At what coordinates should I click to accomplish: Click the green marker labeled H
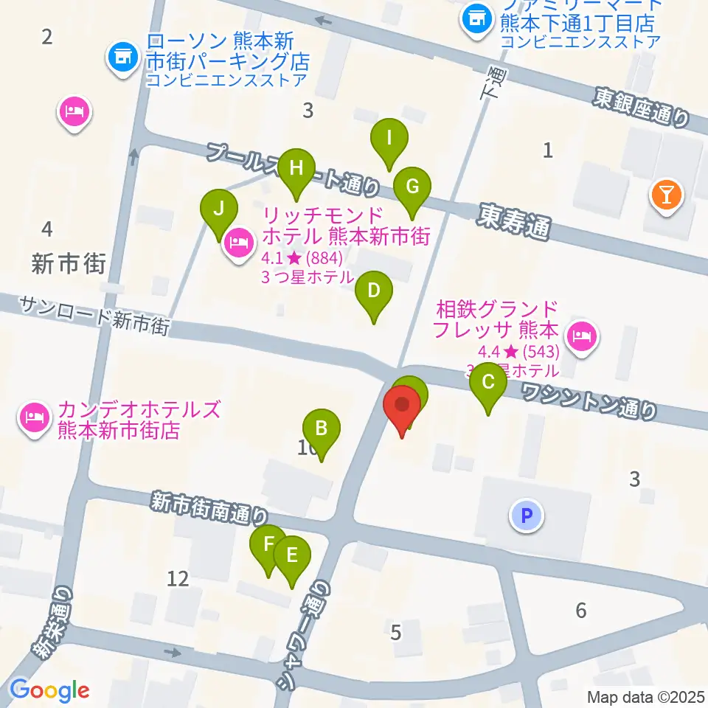[x=296, y=169]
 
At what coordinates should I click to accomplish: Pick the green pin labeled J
[x=218, y=209]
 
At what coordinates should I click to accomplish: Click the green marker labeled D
[x=374, y=291]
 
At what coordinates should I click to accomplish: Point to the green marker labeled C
[x=488, y=383]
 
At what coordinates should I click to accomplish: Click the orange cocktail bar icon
[x=667, y=196]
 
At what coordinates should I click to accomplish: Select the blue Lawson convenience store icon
[x=122, y=57]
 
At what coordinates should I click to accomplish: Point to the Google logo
[x=49, y=691]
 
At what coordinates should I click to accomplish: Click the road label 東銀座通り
[x=643, y=107]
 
